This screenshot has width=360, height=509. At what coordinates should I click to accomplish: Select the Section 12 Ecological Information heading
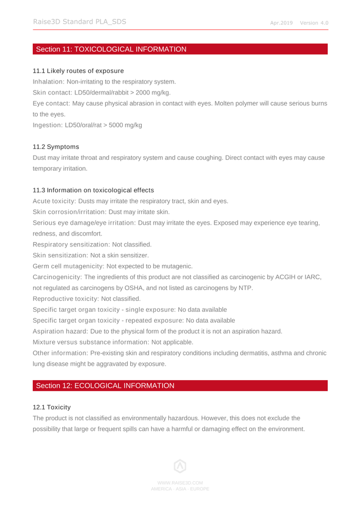point(105,386)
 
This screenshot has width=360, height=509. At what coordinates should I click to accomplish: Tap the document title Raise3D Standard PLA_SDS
point(80,21)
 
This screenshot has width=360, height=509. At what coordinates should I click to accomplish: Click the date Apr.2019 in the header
point(281,23)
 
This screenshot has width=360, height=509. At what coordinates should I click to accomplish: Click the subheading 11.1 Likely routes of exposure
point(78,71)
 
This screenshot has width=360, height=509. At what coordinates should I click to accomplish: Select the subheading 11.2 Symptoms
point(56,147)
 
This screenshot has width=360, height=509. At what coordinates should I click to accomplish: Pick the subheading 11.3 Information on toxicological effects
point(93,190)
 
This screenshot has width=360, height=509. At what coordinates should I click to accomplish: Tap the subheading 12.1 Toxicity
point(52,407)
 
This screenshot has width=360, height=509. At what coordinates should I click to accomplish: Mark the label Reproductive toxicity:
point(66,299)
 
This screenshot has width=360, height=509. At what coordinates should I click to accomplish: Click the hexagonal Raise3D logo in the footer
point(180,466)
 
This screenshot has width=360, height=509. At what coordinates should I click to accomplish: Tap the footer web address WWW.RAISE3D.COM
point(180,483)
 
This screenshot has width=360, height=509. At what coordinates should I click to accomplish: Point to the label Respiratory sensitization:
point(71,245)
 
